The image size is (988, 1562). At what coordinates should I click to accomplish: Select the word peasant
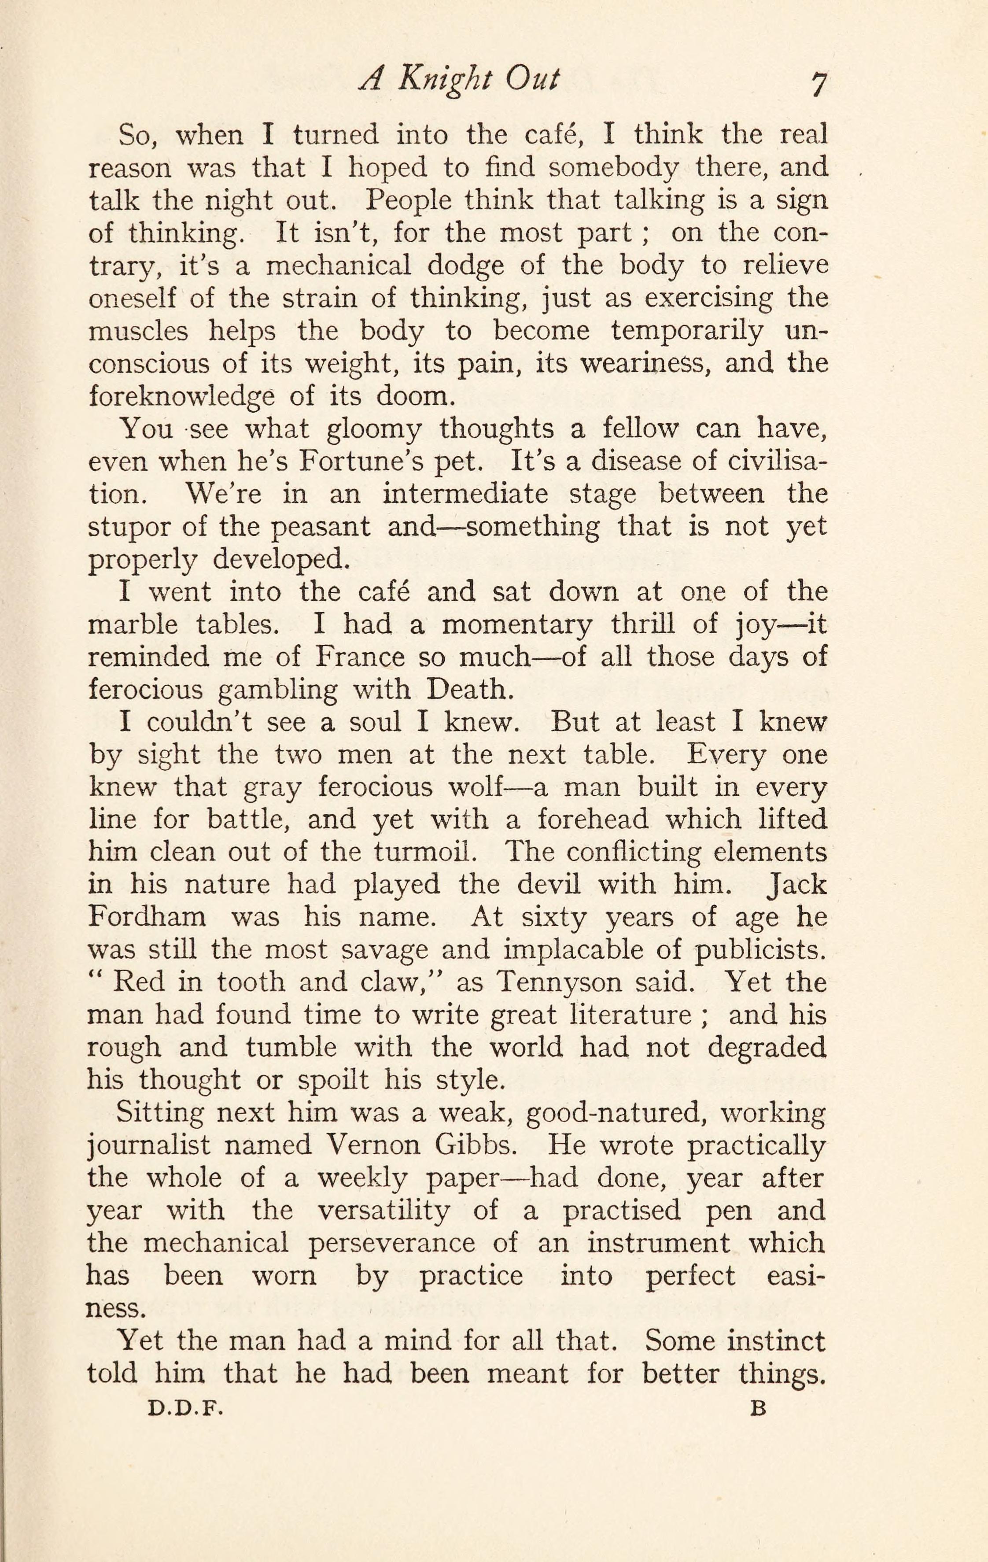[x=321, y=527]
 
